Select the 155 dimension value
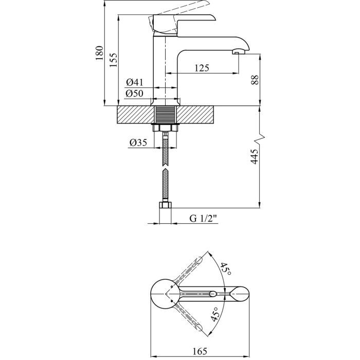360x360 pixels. (x=114, y=61)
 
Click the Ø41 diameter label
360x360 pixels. (x=134, y=82)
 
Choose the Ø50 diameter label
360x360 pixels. (x=134, y=93)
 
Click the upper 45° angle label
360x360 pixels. (x=225, y=269)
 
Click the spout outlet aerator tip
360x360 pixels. (x=239, y=51)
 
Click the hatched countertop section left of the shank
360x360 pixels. (x=135, y=114)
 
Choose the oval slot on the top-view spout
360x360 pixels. (x=213, y=294)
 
